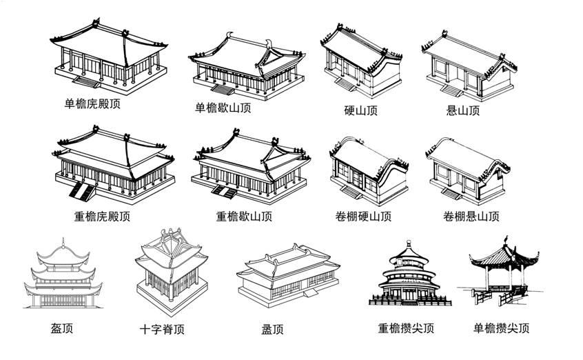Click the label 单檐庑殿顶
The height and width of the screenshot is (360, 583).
[96, 104]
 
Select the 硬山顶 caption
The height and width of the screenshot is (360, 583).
[360, 110]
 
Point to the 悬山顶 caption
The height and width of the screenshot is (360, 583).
[463, 110]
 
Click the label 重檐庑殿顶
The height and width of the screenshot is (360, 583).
[102, 217]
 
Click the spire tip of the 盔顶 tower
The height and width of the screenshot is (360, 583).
[63, 241]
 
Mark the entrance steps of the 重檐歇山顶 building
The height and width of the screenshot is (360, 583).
[223, 190]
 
